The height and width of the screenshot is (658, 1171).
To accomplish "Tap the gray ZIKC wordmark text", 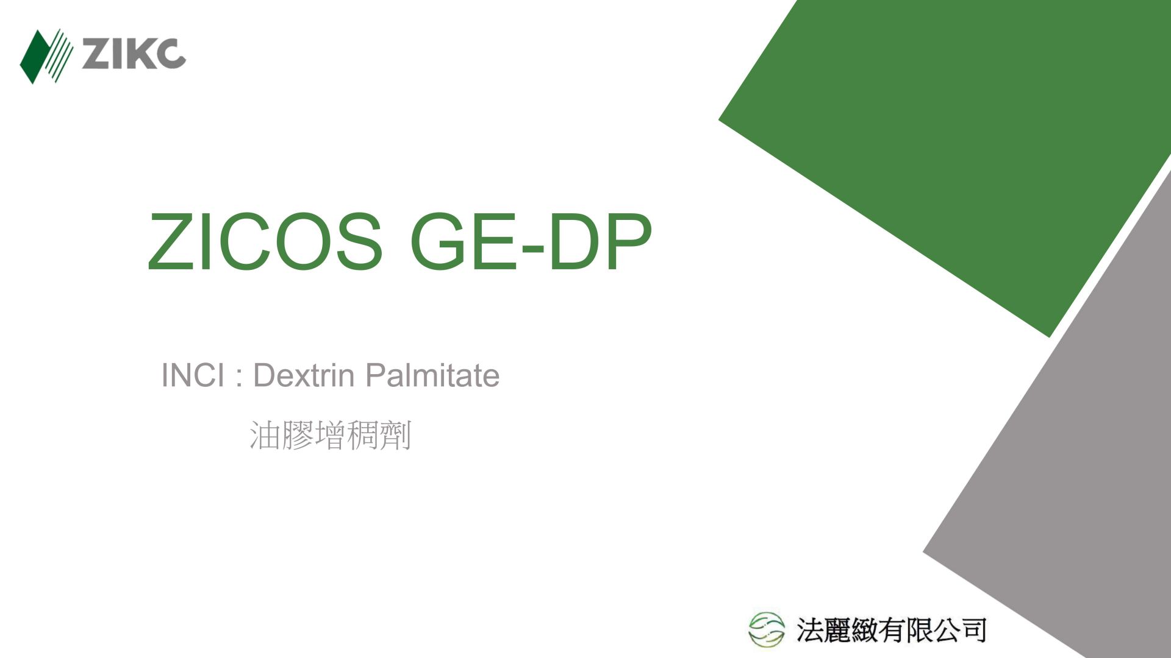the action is (x=133, y=54).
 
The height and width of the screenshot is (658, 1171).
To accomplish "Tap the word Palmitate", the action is (x=432, y=375).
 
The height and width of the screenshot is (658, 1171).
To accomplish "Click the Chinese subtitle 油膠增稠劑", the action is (x=331, y=435).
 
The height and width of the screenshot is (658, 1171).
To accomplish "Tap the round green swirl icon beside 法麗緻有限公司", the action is (x=767, y=629).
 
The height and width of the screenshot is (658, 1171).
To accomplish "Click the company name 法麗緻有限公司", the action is (x=891, y=629).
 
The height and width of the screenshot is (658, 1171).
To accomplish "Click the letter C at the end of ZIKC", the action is (x=170, y=54).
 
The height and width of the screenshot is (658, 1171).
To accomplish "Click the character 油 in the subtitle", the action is (x=265, y=435).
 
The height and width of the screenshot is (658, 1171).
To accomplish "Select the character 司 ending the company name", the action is (x=973, y=629).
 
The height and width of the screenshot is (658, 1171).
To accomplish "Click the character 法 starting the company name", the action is (x=810, y=629).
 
